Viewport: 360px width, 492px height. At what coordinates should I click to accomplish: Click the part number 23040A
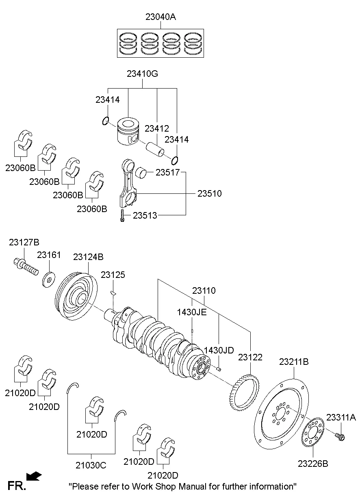(160, 17)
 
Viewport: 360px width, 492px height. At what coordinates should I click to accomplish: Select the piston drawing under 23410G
(129, 131)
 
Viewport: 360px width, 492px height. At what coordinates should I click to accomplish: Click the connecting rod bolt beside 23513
(121, 216)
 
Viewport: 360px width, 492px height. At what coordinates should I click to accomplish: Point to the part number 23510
(210, 193)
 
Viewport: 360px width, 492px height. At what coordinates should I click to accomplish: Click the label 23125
(113, 275)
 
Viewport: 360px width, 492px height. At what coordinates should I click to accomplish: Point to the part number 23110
(204, 291)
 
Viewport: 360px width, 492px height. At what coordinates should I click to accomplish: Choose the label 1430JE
(192, 312)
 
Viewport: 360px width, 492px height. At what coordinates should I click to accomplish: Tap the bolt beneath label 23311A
(340, 436)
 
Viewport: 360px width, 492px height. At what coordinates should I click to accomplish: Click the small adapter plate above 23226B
(312, 432)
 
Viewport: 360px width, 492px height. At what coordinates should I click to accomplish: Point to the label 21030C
(91, 465)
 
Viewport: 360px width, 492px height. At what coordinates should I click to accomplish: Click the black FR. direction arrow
(34, 476)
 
